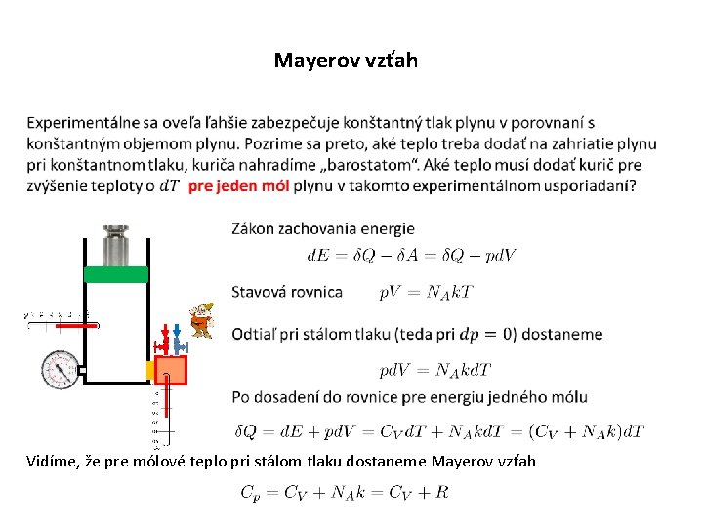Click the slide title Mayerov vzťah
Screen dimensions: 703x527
coord(346,61)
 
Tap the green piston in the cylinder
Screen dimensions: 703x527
coord(116,274)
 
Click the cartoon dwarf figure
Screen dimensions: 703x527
coord(201,320)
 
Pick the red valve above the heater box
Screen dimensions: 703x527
coord(162,341)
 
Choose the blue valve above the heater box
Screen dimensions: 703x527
coord(179,341)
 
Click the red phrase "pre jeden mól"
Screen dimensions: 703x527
coord(237,185)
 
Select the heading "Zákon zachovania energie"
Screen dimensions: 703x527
coord(322,229)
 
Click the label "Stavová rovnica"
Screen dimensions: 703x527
coord(287,292)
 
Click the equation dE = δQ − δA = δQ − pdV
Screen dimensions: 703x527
coord(411,257)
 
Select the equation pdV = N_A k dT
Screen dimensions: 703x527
coord(434,371)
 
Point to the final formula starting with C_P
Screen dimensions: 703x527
coord(345,493)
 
